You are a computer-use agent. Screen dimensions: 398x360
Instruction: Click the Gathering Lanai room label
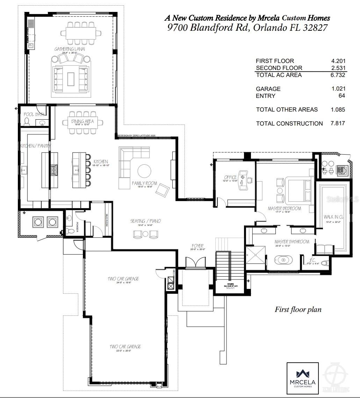coord(70,49)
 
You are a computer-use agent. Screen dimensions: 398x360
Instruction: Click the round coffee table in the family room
coord(144,171)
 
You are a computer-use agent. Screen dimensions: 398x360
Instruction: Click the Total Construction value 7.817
coord(338,123)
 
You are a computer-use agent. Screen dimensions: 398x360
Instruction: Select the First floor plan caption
coord(298,310)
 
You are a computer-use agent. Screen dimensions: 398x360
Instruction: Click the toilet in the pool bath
coord(27,121)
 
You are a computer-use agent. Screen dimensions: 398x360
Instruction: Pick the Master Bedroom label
coord(284,208)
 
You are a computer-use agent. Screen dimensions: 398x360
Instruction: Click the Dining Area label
coord(83,121)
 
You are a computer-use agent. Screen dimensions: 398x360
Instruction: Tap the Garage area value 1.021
coord(338,89)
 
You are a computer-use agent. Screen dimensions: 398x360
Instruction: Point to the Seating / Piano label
coord(145,221)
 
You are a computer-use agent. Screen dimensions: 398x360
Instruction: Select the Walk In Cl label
coord(333,217)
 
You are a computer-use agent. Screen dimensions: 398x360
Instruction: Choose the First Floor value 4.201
coord(338,61)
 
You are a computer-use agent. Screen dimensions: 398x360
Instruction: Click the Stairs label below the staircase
coord(230,284)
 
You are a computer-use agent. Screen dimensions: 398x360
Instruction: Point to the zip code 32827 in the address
coord(315,28)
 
